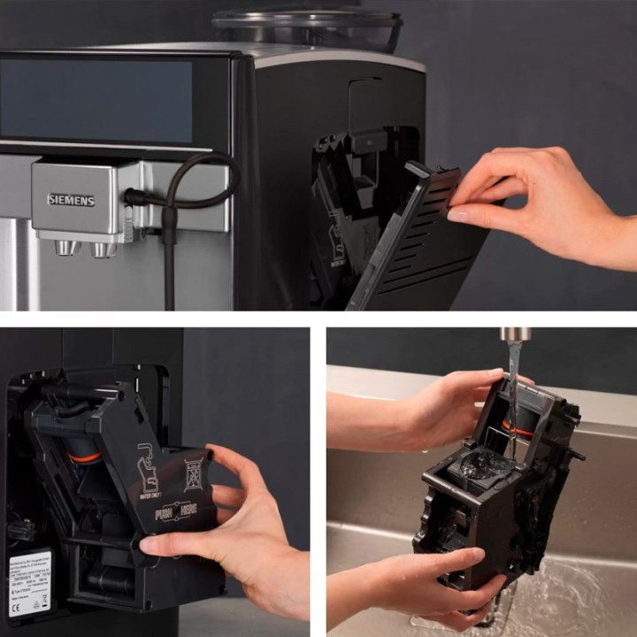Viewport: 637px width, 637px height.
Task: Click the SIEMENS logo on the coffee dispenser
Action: pos(71,200)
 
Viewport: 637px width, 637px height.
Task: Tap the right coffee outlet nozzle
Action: pos(104,249)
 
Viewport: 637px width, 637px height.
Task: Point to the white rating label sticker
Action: pos(30,584)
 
